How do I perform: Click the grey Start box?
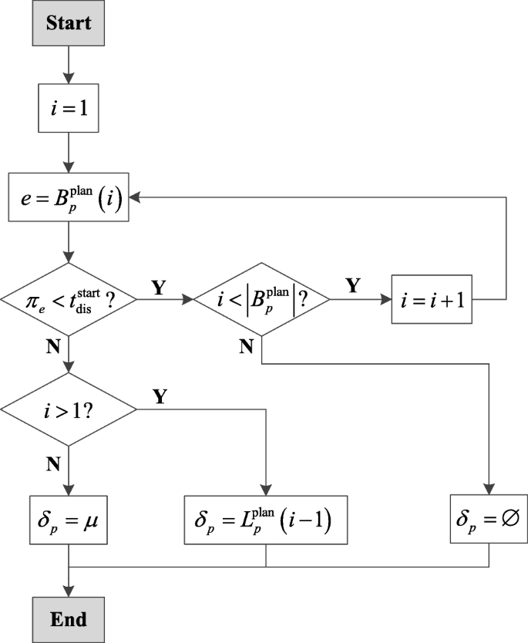click(x=69, y=22)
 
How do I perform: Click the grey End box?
click(x=69, y=619)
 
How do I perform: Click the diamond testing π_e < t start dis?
click(x=69, y=298)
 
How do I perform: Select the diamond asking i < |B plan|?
click(x=262, y=298)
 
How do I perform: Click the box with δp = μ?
click(x=69, y=509)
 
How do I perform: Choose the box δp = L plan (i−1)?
click(x=266, y=509)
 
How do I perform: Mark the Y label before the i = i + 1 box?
click(x=353, y=285)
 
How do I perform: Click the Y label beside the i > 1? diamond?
click(x=159, y=396)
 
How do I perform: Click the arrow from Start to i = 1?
click(x=69, y=66)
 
